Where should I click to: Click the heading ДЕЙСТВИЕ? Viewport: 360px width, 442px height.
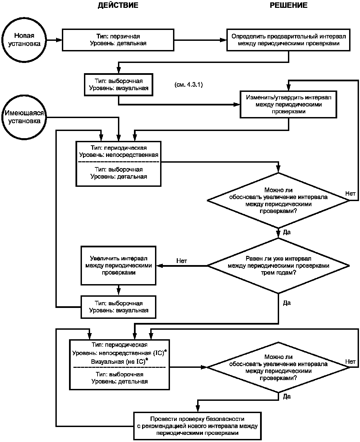118,5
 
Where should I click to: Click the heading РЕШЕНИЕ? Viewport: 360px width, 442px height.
288,5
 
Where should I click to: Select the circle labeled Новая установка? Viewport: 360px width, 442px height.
24,40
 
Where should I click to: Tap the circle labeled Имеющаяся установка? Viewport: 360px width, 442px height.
24,117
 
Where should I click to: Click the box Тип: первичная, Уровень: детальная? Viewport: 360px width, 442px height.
118,40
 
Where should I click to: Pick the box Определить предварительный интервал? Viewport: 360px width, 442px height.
288,40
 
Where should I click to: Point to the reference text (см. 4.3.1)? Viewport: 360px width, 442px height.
188,84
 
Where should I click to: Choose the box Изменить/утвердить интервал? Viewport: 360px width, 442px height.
288,104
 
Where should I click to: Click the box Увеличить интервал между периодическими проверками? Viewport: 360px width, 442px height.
119,265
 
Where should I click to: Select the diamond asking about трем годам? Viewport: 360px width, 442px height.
278,265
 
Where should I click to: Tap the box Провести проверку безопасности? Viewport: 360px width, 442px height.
198,426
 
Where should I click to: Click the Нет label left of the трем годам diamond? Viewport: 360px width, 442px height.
182,261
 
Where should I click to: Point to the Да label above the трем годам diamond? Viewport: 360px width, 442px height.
287,232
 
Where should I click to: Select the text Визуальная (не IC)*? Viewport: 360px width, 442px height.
120,361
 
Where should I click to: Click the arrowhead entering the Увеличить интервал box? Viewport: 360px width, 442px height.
159,266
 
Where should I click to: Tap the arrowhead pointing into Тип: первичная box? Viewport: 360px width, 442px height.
59,40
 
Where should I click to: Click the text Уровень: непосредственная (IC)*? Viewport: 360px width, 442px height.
120,353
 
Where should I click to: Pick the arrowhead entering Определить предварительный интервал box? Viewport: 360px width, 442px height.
223,40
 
